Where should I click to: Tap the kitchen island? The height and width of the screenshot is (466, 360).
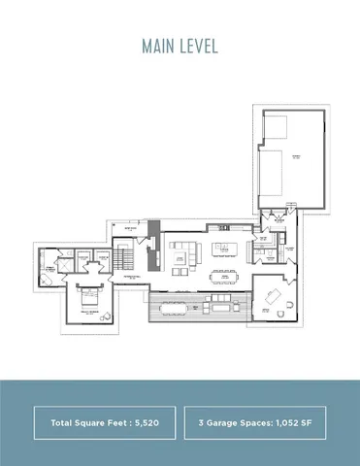tap(227, 249)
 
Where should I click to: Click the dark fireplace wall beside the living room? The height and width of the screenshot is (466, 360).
tap(150, 257)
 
